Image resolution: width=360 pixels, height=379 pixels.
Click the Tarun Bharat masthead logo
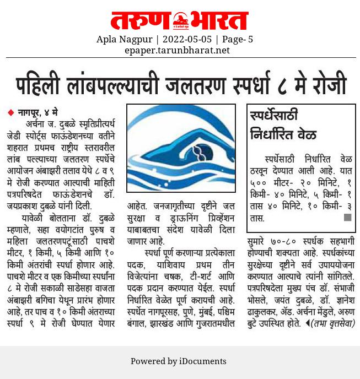(x=180, y=21)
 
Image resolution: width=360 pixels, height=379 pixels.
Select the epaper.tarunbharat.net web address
(x=177, y=50)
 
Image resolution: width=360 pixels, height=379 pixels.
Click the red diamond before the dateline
(x=10, y=112)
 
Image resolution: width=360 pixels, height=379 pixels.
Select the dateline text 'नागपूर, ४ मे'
(x=37, y=112)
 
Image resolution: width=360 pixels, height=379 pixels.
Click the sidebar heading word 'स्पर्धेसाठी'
(x=274, y=116)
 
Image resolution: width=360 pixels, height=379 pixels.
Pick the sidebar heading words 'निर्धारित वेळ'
(x=283, y=134)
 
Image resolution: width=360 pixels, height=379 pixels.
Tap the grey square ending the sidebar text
(x=347, y=218)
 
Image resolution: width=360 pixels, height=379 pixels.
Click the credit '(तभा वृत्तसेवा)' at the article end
(x=333, y=323)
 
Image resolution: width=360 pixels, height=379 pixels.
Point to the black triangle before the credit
(x=308, y=323)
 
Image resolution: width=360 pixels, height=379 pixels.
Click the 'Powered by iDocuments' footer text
(x=178, y=361)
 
